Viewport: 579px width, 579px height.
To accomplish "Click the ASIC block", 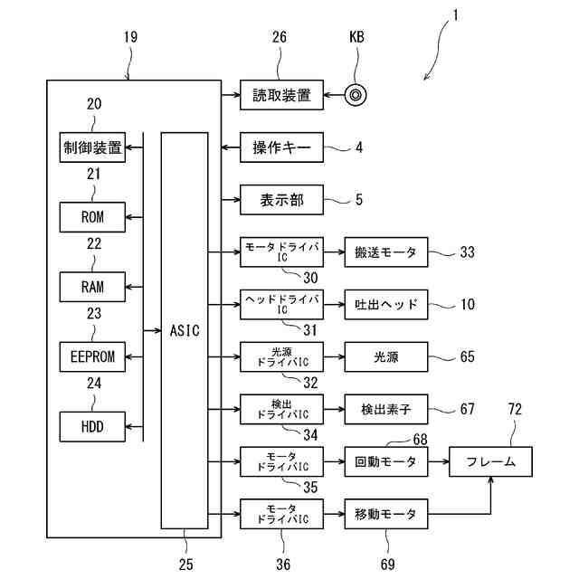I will [184, 330].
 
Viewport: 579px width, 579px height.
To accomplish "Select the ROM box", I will [92, 217].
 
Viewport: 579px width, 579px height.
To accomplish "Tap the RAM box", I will [92, 287].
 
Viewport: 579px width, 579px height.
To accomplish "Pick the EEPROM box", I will [92, 356].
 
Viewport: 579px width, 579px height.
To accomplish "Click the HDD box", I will [92, 425].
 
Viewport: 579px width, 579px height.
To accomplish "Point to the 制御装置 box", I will [92, 148].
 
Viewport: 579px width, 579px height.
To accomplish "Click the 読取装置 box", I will [281, 95].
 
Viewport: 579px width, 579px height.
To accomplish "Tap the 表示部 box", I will [281, 200].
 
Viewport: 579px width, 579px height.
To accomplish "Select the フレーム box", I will [491, 461].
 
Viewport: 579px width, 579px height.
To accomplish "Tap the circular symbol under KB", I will [357, 94].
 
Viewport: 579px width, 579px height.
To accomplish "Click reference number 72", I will [515, 411].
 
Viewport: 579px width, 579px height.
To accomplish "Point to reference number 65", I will [467, 356].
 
